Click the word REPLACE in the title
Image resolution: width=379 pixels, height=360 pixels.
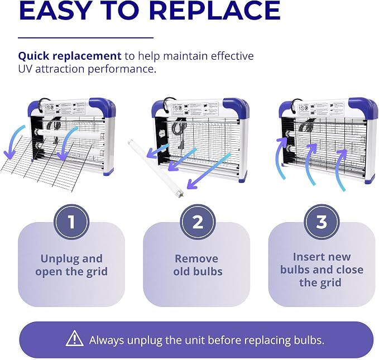click(215, 10)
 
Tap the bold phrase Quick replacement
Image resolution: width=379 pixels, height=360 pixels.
click(70, 56)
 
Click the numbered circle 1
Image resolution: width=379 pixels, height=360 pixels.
click(71, 222)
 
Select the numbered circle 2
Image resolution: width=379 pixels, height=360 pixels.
click(198, 222)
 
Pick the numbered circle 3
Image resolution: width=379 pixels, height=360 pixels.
click(322, 222)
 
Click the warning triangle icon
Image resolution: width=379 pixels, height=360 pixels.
click(75, 338)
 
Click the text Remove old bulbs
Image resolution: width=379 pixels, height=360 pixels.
click(198, 265)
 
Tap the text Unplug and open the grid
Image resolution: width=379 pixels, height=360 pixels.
click(71, 265)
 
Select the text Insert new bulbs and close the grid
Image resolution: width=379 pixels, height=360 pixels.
click(322, 270)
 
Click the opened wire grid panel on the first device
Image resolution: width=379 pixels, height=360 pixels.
click(46, 163)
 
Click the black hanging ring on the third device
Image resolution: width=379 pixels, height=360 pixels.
click(296, 103)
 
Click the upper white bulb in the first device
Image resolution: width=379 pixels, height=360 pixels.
click(70, 134)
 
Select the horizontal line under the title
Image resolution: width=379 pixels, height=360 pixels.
click(86, 38)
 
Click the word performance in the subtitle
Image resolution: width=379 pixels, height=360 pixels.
click(122, 69)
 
